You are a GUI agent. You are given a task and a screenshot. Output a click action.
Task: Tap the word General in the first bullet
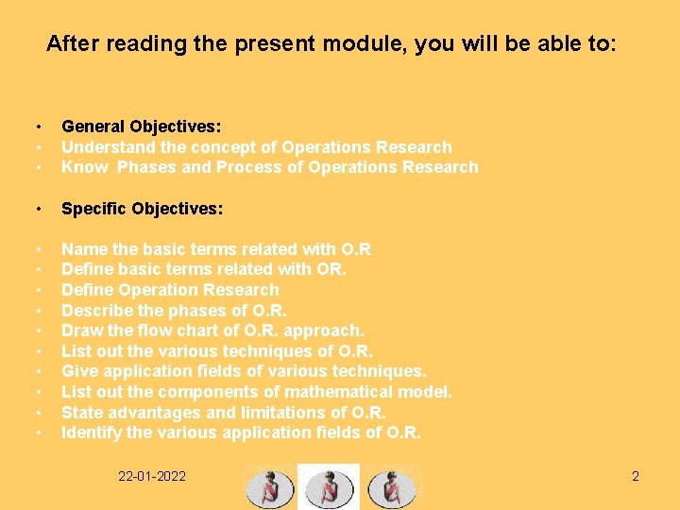point(93,126)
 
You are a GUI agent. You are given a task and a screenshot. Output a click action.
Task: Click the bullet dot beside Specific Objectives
point(39,209)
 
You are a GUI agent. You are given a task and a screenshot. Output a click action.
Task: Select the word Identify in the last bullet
point(91,433)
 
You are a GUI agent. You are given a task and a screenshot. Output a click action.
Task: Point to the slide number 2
point(636,476)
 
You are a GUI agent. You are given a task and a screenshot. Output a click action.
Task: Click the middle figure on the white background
point(329,486)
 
